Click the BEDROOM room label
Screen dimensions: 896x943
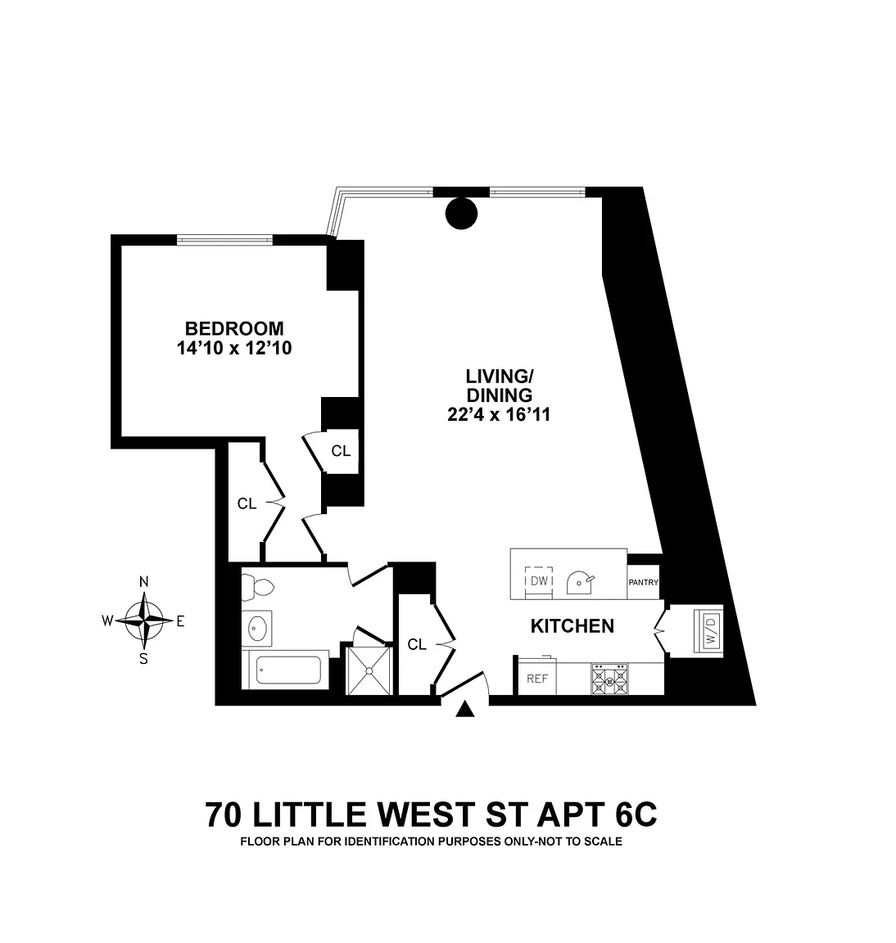click(234, 328)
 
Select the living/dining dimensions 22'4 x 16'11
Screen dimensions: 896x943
click(499, 415)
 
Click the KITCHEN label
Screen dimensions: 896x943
click(572, 626)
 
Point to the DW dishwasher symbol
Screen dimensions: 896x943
click(538, 580)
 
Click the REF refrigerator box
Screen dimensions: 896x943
click(536, 679)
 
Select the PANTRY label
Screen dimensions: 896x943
click(644, 583)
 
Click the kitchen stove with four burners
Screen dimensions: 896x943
click(609, 679)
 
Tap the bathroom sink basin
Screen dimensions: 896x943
click(257, 629)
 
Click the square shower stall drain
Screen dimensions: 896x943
click(369, 670)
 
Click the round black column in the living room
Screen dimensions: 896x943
click(461, 214)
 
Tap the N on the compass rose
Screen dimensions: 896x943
click(143, 582)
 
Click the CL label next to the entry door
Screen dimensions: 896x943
click(417, 645)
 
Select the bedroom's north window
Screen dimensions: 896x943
click(224, 239)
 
